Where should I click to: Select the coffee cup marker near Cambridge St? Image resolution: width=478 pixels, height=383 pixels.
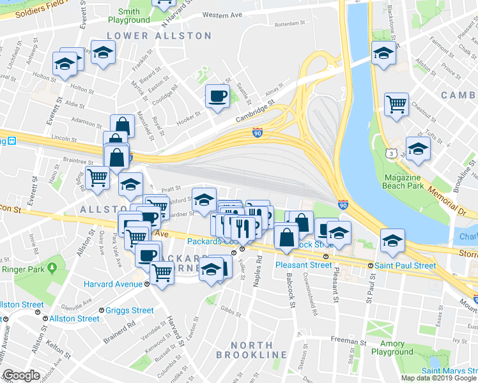pyautogui.click(x=217, y=97)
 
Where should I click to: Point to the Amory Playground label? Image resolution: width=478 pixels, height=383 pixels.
pyautogui.click(x=392, y=348)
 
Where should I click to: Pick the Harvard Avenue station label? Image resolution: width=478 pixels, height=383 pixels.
pyautogui.click(x=115, y=283)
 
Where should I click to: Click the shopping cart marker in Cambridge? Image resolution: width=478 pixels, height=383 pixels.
pyautogui.click(x=396, y=103)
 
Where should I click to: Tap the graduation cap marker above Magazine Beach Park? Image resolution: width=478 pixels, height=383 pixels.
pyautogui.click(x=418, y=149)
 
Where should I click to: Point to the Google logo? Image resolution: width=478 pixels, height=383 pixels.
pyautogui.click(x=21, y=375)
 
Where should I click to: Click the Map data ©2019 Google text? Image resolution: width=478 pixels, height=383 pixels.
pyautogui.click(x=438, y=378)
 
